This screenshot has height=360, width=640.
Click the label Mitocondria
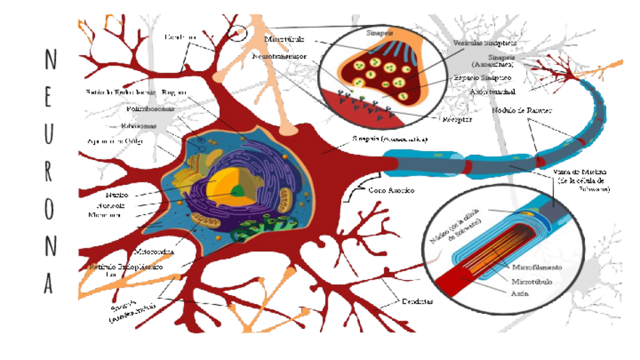point(154,251)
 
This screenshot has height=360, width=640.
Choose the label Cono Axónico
point(391,190)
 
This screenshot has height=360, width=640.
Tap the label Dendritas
point(417,302)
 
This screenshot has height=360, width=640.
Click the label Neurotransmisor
point(279,57)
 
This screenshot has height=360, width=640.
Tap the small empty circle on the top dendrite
point(238,33)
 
